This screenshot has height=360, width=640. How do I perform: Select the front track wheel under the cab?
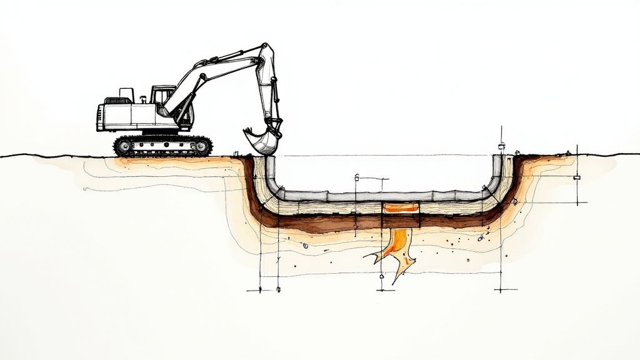(x=201, y=146)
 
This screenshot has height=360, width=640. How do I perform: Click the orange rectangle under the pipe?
(x=401, y=208)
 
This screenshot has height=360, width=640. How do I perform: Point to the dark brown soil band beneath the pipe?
(x=375, y=221)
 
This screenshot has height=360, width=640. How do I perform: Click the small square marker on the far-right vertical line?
(x=576, y=178)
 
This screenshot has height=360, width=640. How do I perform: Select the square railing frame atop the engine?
(x=127, y=94)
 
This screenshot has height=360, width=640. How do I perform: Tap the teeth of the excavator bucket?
(x=248, y=131)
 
